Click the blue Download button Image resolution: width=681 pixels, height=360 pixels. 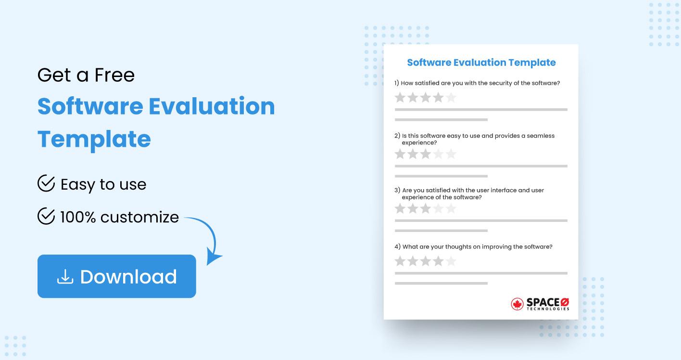117,276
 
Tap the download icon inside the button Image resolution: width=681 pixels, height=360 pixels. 65,276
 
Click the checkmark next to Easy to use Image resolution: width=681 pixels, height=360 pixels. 46,184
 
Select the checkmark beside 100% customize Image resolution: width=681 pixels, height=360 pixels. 46,217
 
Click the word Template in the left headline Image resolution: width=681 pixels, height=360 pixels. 94,139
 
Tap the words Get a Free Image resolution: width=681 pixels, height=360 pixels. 86,75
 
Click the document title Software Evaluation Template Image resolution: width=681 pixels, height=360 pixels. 481,63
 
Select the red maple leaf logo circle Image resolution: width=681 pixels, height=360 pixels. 517,304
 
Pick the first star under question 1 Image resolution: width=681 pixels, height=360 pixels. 400,98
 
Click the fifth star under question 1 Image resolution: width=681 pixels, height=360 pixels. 451,98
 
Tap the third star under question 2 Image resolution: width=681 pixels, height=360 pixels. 425,154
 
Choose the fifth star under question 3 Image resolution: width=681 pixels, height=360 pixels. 451,208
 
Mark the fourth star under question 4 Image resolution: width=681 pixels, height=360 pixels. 438,261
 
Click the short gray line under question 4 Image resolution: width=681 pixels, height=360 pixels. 441,283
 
